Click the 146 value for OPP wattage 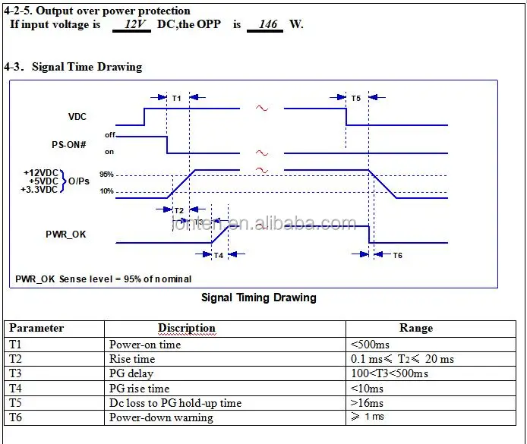tap(268, 24)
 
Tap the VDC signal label tap(77, 116)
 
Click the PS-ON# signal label tap(69, 143)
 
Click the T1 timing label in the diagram tap(177, 98)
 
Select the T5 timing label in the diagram tap(356, 98)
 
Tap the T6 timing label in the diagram tap(397, 255)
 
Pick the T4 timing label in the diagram tap(218, 256)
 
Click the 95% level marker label tap(106, 174)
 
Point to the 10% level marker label tap(106, 191)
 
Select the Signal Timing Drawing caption tap(258, 298)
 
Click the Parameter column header tap(36, 328)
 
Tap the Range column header tap(416, 328)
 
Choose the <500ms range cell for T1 tap(370, 344)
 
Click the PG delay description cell tap(131, 373)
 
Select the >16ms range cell tap(367, 403)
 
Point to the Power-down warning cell tap(161, 417)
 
